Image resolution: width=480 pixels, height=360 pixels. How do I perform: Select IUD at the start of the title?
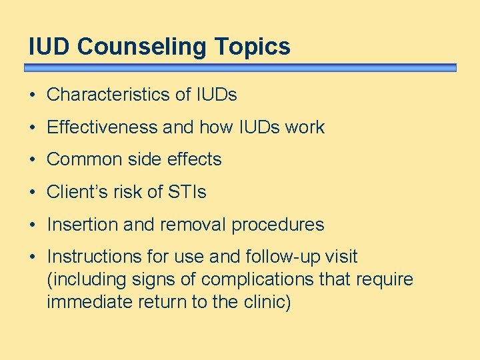point(50,47)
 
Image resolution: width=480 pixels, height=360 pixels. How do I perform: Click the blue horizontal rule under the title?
point(240,68)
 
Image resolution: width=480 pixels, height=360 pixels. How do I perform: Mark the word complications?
point(257,280)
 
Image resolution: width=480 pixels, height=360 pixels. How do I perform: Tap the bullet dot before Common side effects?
point(33,160)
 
